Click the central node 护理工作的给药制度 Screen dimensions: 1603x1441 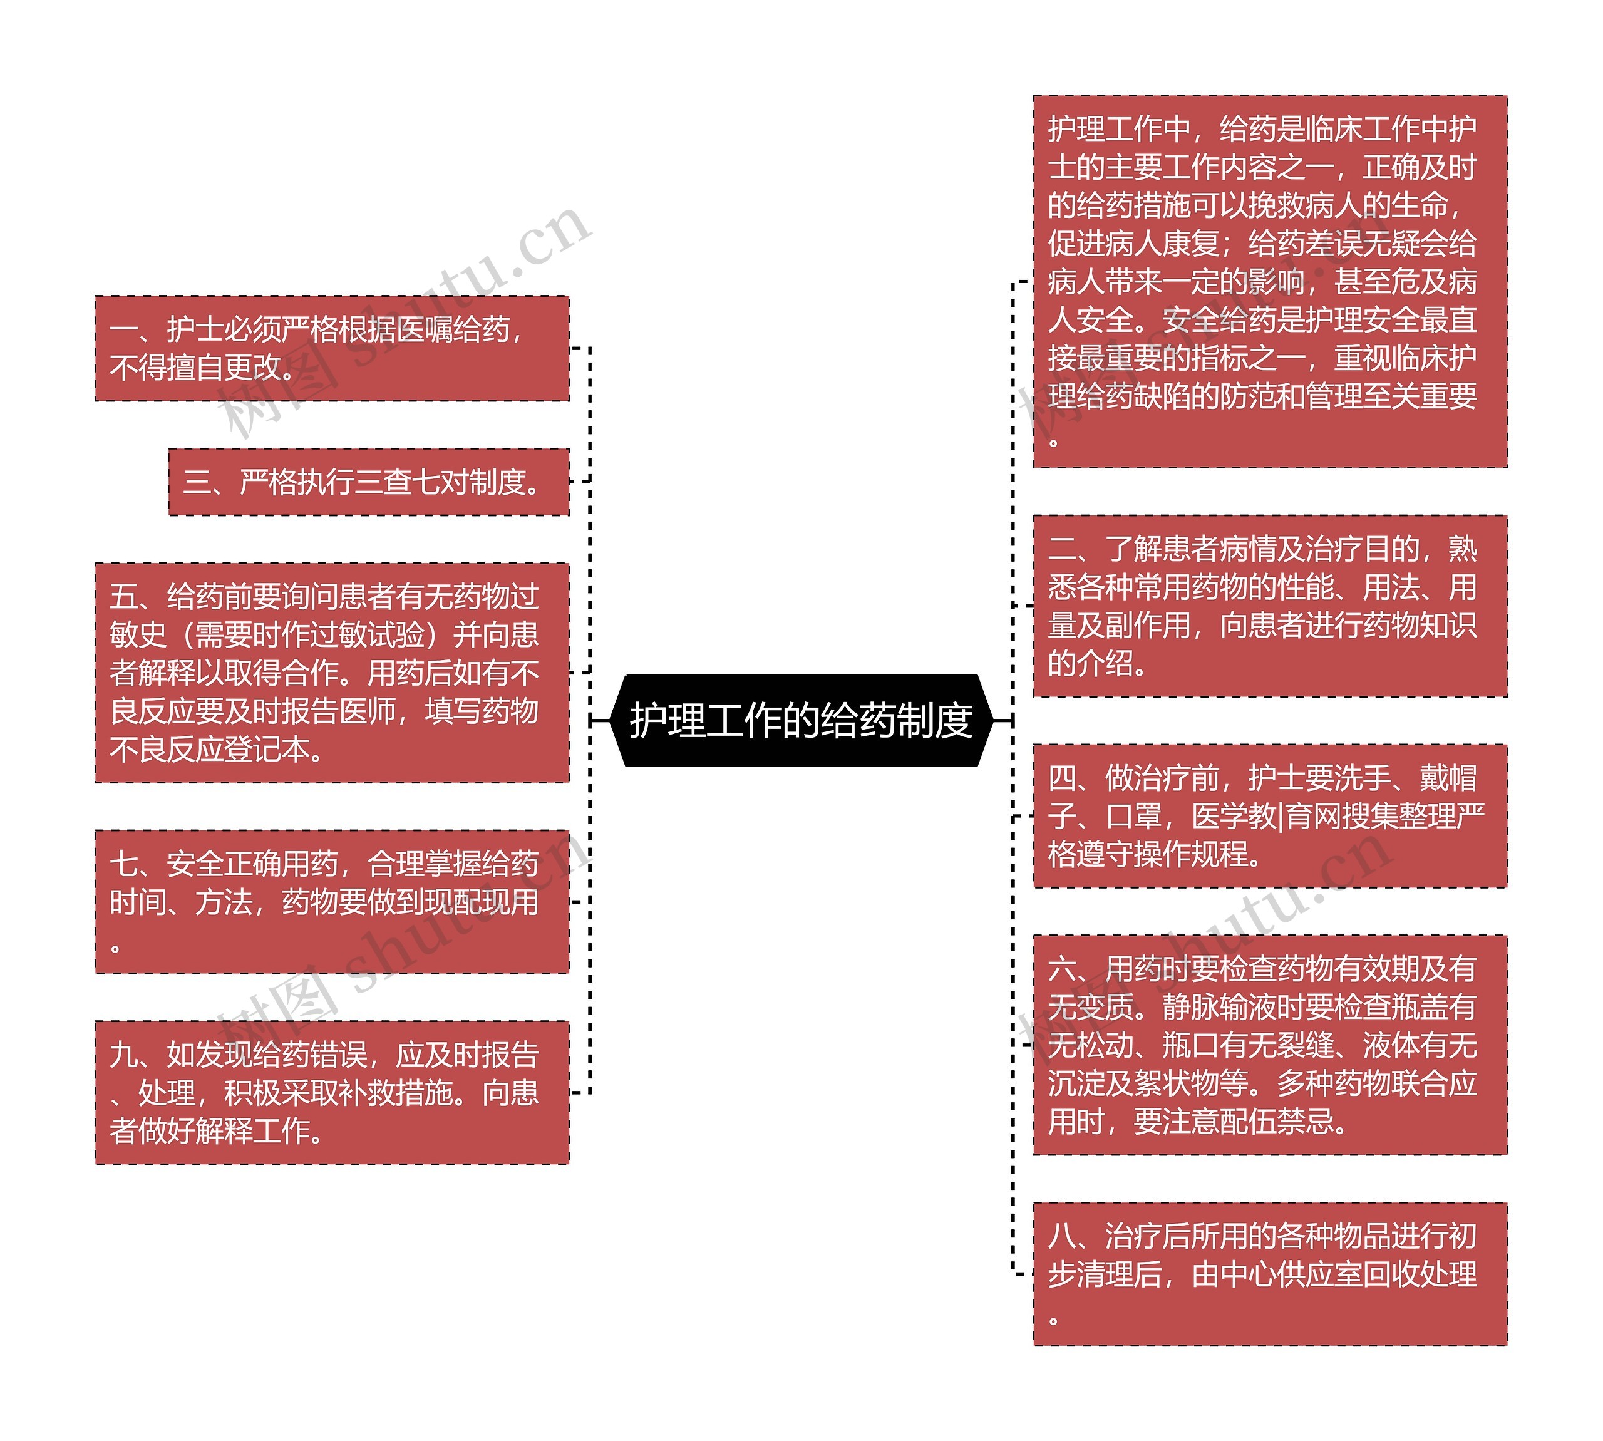click(x=800, y=720)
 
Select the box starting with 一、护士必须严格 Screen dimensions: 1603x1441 click(x=332, y=348)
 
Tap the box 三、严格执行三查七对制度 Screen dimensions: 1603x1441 click(x=368, y=482)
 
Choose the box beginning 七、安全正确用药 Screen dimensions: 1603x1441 click(x=332, y=902)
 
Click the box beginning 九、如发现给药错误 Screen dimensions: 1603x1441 click(x=332, y=1093)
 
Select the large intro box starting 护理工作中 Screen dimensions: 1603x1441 click(x=1269, y=282)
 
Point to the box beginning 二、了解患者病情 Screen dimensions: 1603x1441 click(x=1269, y=606)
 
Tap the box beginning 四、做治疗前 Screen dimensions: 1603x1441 click(x=1269, y=815)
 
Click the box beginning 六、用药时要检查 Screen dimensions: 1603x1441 click(x=1269, y=1045)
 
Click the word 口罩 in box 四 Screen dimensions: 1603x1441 click(x=1133, y=816)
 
